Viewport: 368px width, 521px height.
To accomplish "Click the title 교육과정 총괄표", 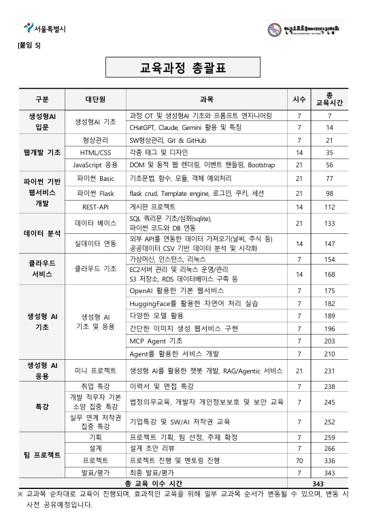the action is tap(184, 67).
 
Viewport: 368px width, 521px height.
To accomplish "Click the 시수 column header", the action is tap(299, 98).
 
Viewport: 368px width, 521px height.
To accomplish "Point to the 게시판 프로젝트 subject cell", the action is tap(152, 206).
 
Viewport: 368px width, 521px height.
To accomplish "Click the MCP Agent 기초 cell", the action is tap(156, 341).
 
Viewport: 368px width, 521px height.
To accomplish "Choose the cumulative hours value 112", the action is tap(329, 206).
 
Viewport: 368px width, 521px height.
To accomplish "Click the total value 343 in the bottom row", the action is tap(329, 483).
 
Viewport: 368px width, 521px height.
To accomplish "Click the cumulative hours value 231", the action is tap(329, 371).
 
